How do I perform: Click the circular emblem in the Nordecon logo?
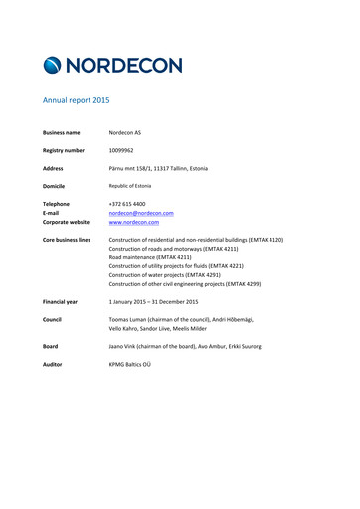pos(56,66)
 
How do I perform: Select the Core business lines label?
pos(67,240)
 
